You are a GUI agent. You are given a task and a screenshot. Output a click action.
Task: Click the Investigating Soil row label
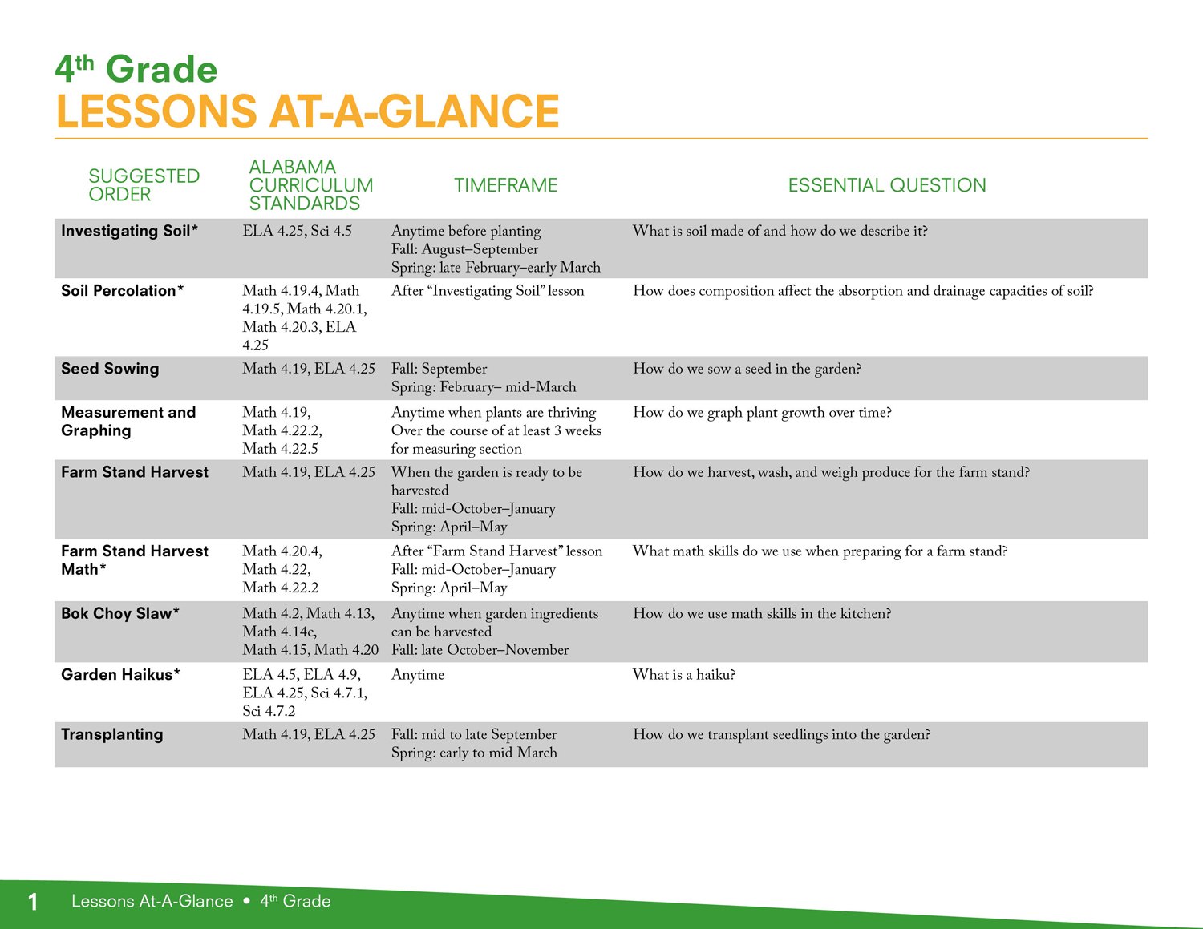(129, 231)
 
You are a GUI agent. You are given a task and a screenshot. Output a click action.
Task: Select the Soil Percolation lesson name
(123, 290)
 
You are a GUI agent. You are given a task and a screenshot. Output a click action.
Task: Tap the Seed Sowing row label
(110, 369)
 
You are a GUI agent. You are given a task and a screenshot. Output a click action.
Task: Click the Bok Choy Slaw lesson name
(120, 613)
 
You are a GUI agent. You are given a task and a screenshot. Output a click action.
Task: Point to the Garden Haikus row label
(120, 674)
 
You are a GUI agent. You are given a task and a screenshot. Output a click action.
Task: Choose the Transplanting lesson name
(111, 734)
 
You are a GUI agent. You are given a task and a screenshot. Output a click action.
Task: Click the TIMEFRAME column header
(505, 185)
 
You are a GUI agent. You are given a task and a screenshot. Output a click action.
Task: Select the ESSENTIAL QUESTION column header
(887, 185)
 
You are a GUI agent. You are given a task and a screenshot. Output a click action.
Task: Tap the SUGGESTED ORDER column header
(144, 185)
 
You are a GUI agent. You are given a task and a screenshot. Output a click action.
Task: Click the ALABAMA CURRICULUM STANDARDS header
(310, 185)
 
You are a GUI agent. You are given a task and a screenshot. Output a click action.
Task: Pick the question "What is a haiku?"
(684, 674)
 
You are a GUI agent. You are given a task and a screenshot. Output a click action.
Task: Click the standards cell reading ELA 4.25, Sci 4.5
(298, 231)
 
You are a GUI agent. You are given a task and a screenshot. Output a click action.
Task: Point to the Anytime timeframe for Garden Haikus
(418, 675)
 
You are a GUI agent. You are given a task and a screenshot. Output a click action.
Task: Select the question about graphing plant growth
(763, 413)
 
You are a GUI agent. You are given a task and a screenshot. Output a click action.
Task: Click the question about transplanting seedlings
(782, 735)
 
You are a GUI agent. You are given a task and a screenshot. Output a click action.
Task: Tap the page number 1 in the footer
(33, 901)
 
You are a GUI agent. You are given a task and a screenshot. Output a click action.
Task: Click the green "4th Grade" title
(136, 69)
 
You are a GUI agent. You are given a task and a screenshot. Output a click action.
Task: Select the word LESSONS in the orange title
(156, 111)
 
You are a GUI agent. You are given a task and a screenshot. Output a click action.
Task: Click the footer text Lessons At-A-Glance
(152, 901)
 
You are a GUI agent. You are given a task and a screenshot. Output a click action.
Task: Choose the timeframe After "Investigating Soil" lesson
(488, 290)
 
